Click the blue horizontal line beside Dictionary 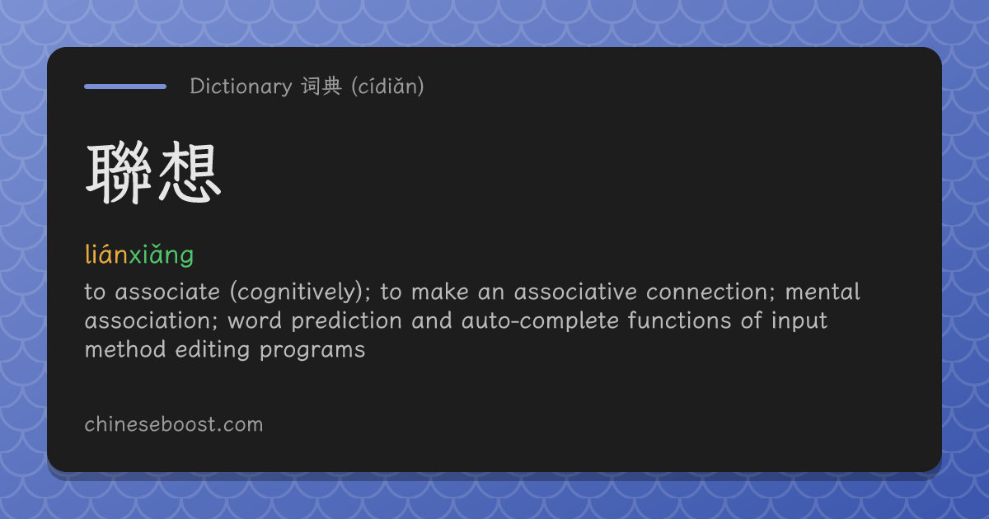click(x=125, y=86)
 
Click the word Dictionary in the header click(x=241, y=86)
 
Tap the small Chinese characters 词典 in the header click(x=322, y=86)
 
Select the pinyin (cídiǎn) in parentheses click(x=387, y=86)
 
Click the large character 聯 click(x=119, y=172)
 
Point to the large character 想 click(x=189, y=172)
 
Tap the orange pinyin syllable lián click(x=106, y=255)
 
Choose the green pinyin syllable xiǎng click(x=162, y=255)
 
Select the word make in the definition click(x=440, y=292)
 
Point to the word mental click(x=823, y=292)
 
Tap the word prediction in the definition click(x=347, y=320)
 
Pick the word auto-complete click(x=540, y=320)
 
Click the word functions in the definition click(x=679, y=320)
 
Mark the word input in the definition click(x=799, y=320)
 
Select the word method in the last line click(x=125, y=349)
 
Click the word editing click(x=213, y=350)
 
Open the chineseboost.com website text click(x=174, y=424)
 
